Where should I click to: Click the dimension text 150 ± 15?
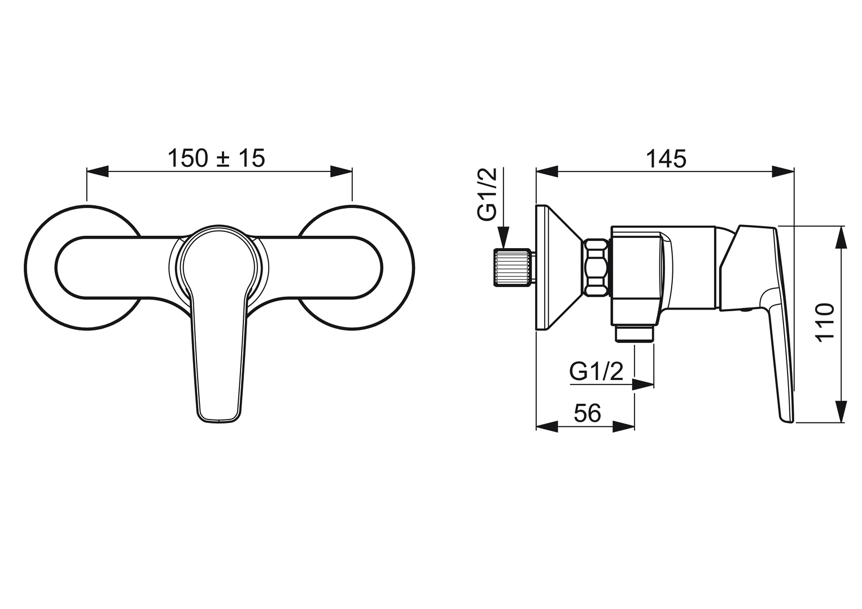click(217, 158)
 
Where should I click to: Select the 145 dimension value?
click(666, 158)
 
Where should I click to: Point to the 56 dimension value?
click(587, 413)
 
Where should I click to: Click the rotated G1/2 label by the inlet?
click(487, 194)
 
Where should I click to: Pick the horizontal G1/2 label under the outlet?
click(596, 372)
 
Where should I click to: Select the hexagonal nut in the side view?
click(596, 268)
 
